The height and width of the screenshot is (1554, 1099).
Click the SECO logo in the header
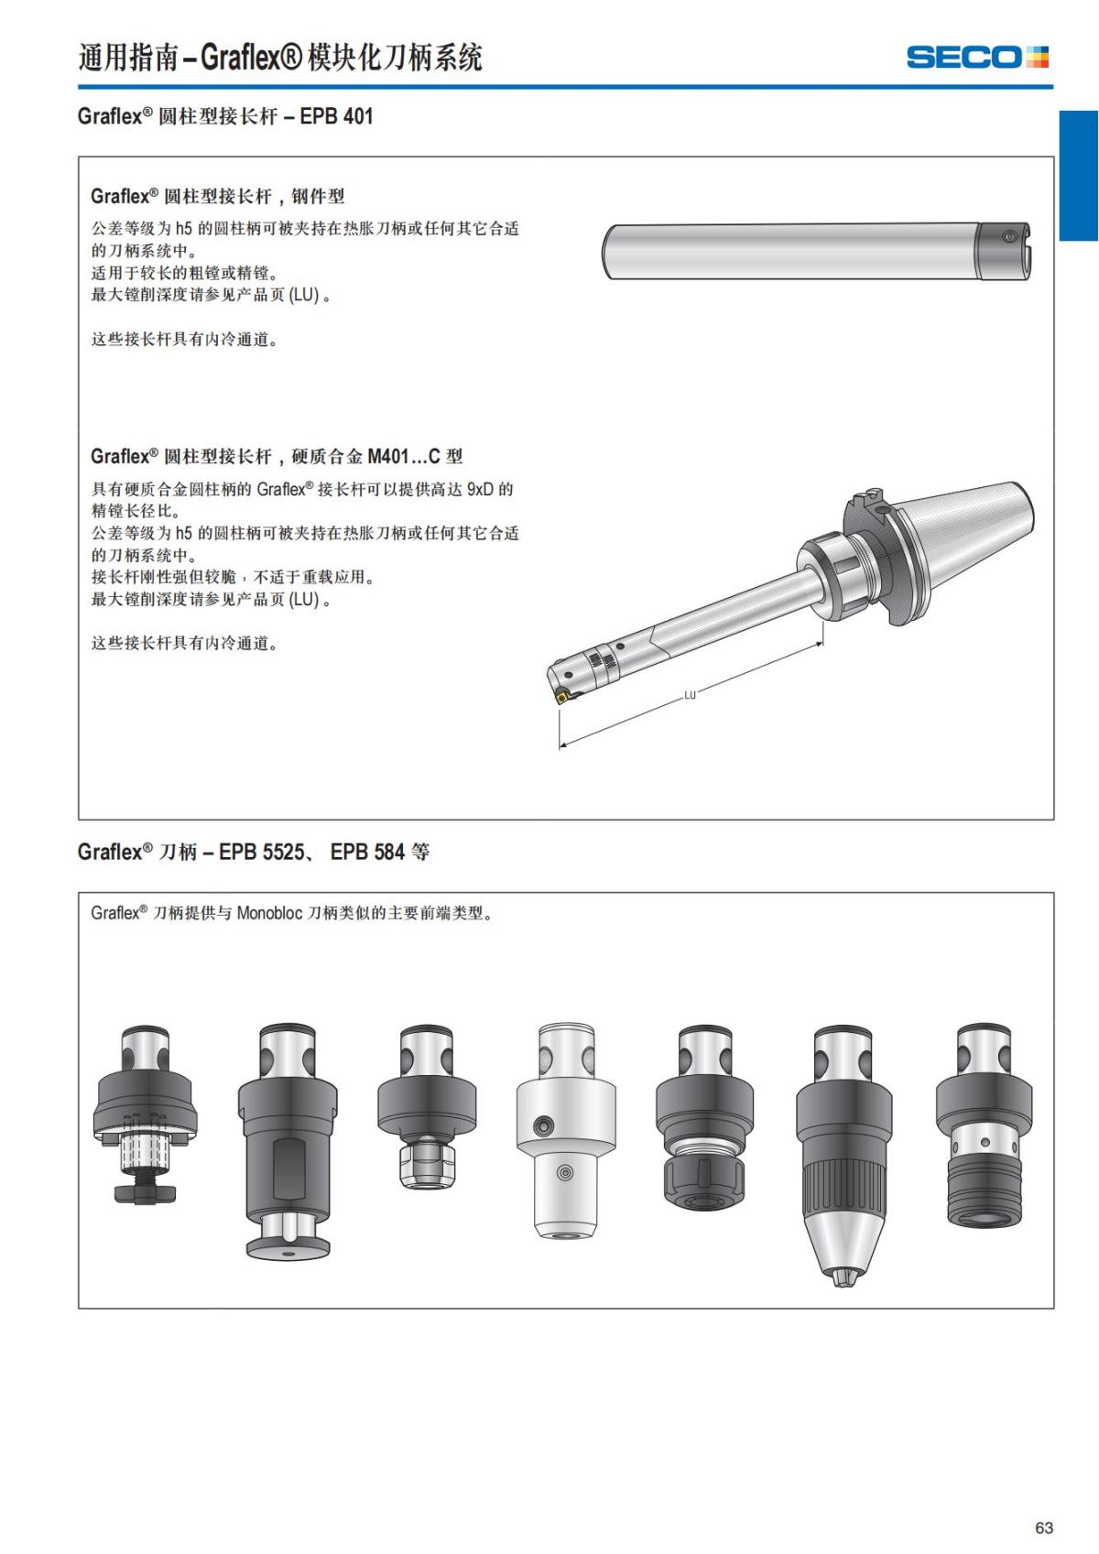click(x=976, y=57)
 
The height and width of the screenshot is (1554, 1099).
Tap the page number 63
click(x=1044, y=1527)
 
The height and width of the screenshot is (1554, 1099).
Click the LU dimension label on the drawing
click(x=690, y=695)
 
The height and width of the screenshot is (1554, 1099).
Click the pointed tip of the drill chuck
click(x=841, y=1278)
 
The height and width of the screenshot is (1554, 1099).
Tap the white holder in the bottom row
click(x=566, y=1132)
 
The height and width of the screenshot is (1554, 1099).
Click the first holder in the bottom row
click(x=146, y=1113)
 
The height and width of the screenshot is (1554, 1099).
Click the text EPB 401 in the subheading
click(x=336, y=116)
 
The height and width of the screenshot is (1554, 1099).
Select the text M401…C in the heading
click(x=404, y=456)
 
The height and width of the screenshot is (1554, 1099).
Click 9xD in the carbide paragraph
click(x=479, y=489)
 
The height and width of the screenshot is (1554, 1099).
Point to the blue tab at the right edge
click(x=1079, y=176)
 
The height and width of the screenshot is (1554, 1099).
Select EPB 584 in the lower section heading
click(x=367, y=852)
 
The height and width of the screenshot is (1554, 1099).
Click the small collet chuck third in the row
click(x=427, y=1108)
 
